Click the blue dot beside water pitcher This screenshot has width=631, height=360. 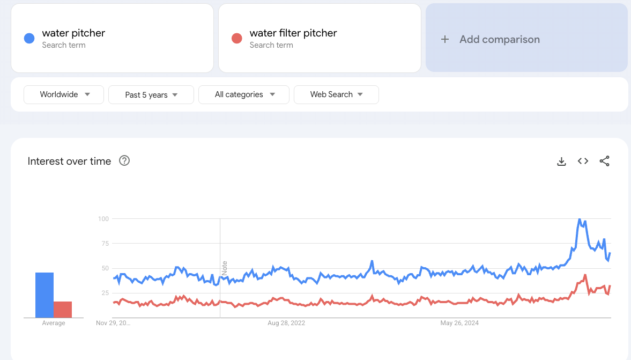coord(29,38)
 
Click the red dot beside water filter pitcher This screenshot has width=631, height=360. coord(236,38)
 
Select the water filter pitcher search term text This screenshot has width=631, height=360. coord(293,33)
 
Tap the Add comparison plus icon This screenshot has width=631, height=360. coord(444,39)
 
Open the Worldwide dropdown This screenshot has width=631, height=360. coord(64,94)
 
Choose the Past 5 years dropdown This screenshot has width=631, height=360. coord(151,95)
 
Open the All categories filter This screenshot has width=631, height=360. coord(244,94)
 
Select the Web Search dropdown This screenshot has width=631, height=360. coord(336,94)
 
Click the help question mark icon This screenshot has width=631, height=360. coord(124,160)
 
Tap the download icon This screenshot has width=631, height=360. coord(561,161)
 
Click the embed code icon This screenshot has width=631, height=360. coord(583,161)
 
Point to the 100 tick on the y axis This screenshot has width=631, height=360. coord(103,219)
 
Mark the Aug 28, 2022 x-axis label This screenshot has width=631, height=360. coord(286,323)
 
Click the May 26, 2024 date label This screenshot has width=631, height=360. coord(459,323)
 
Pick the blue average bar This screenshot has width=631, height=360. coord(44,295)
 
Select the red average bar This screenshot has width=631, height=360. coord(63,310)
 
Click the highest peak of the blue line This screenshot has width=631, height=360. coord(580,219)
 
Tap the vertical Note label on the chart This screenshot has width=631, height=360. coord(225,268)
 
